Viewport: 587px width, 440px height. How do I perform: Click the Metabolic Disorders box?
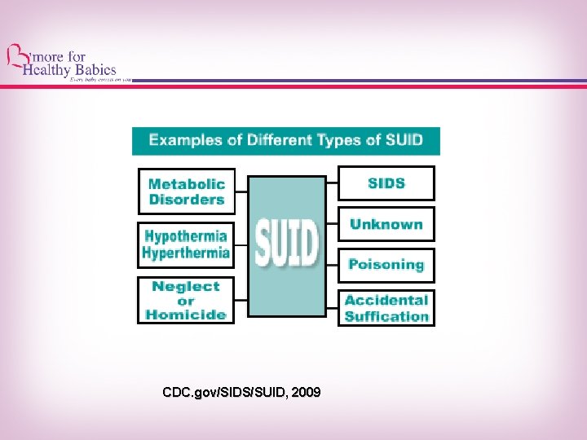coord(186,191)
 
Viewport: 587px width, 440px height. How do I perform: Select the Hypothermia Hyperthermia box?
coord(186,244)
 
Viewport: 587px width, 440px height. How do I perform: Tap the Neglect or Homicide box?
coord(186,300)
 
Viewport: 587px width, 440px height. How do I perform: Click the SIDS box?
coord(386,183)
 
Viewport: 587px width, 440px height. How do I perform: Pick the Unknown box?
coord(386,224)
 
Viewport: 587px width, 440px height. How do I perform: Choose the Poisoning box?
coord(386,265)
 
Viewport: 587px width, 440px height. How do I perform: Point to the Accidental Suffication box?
coord(386,308)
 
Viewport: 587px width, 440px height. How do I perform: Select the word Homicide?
coord(186,315)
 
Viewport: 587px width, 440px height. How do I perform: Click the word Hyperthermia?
coord(186,253)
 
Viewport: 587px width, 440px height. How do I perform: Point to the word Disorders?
coord(186,200)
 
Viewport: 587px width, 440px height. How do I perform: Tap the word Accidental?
coord(386,300)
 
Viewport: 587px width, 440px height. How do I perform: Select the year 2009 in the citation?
coord(306,393)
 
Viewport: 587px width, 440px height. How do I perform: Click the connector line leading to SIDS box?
coord(332,183)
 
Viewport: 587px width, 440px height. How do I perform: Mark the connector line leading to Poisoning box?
coord(332,265)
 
